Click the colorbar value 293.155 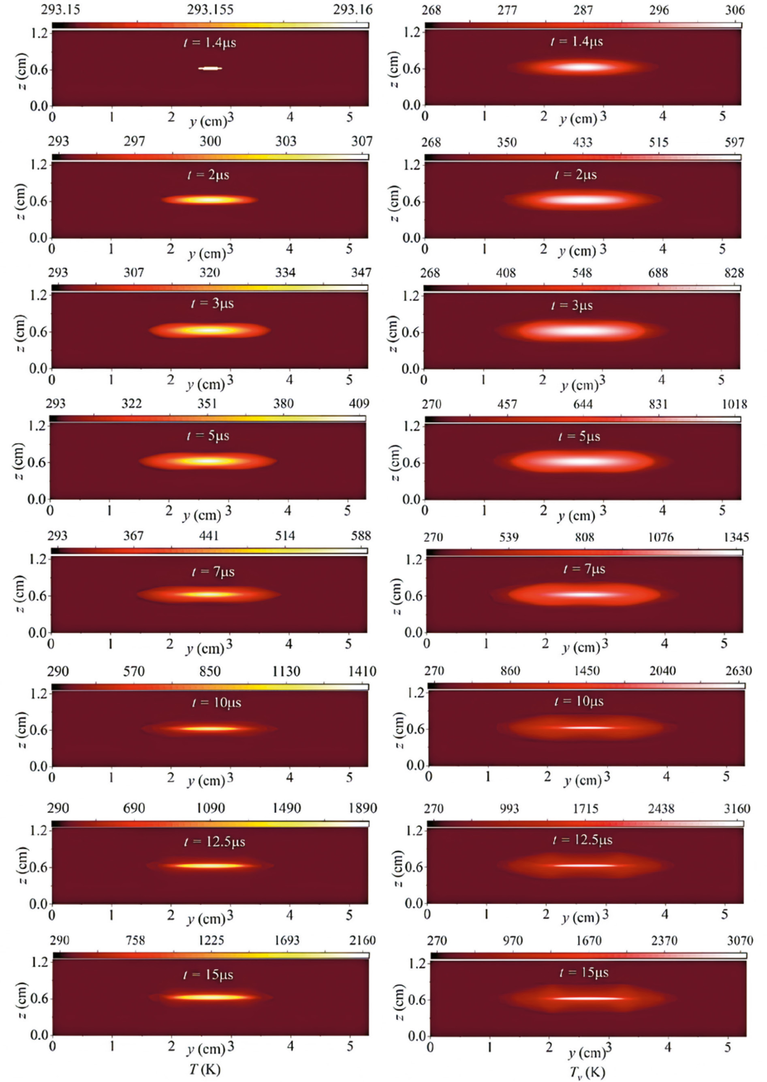(x=210, y=9)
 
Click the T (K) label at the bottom (x=205, y=1069)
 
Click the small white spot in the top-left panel (x=210, y=69)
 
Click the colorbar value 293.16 (x=353, y=9)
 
